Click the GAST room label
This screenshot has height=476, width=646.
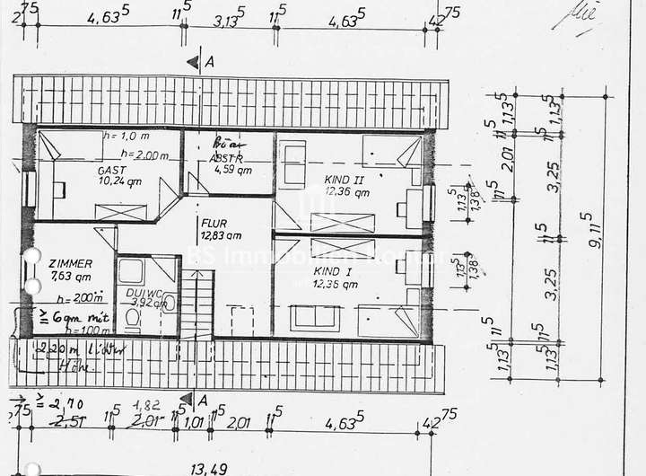click(x=113, y=170)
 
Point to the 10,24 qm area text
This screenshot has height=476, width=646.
click(x=120, y=181)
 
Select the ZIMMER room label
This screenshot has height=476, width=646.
click(x=71, y=263)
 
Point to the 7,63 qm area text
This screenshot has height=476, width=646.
click(x=71, y=276)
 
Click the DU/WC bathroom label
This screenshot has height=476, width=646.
click(x=144, y=293)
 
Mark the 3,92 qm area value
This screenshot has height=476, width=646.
click(x=149, y=304)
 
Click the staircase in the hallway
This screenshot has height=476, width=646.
click(x=203, y=305)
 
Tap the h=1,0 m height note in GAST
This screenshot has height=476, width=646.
click(x=125, y=137)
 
